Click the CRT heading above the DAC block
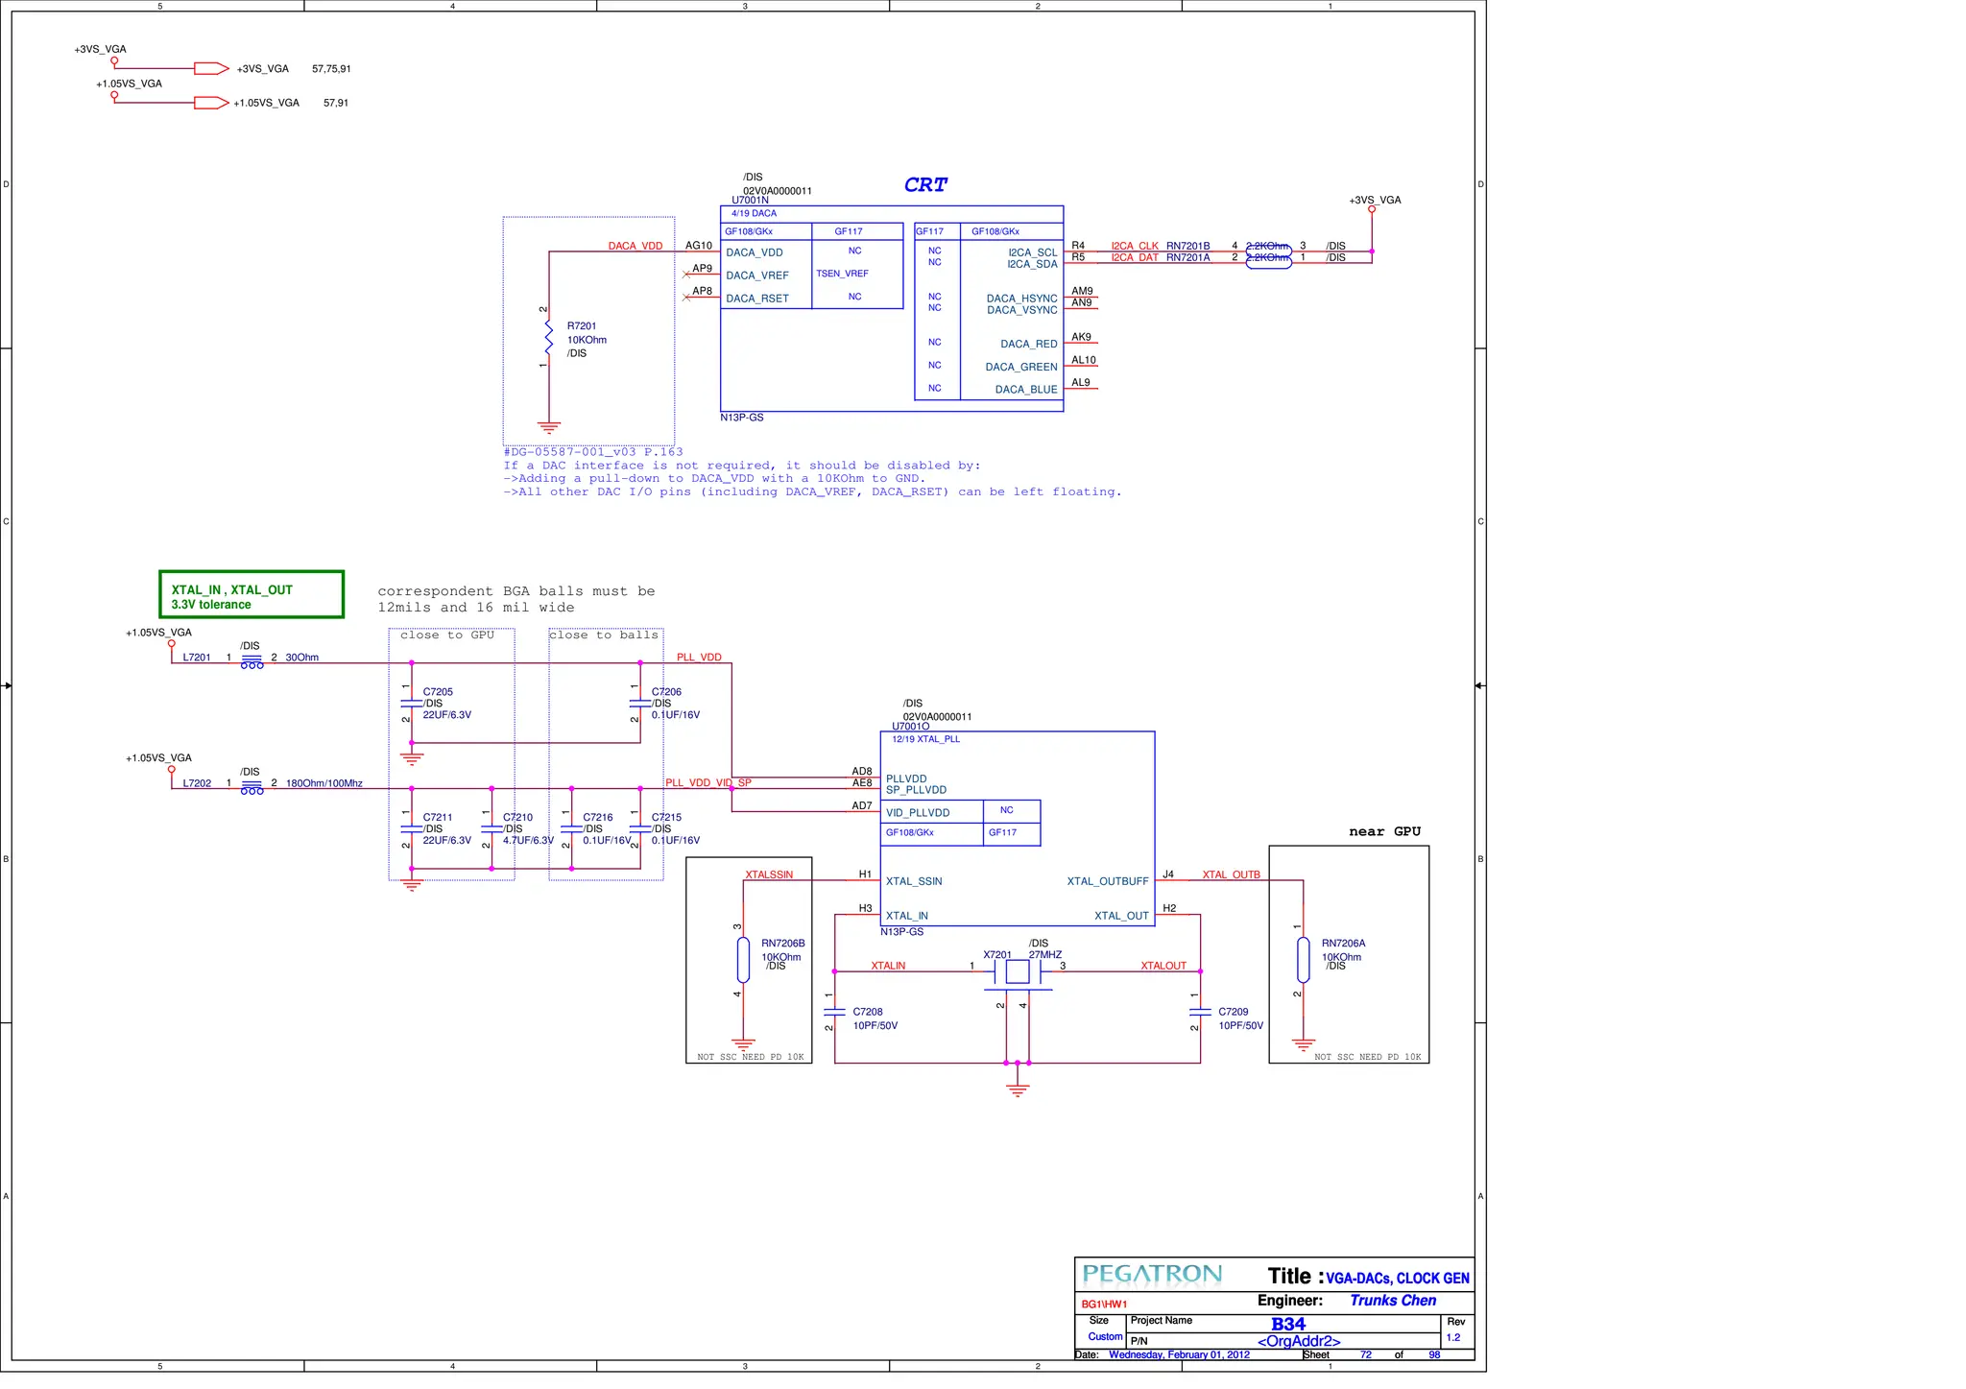pyautogui.click(x=925, y=184)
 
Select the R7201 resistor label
pyautogui.click(x=582, y=326)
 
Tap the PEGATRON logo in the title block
pyautogui.click(x=1152, y=1275)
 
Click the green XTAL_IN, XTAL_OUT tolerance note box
pyautogui.click(x=252, y=595)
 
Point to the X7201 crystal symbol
pyautogui.click(x=1018, y=972)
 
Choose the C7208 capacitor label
pyautogui.click(x=868, y=1012)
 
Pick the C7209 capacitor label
pyautogui.click(x=1234, y=1012)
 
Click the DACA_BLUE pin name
pyautogui.click(x=1026, y=390)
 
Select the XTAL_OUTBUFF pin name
pyautogui.click(x=1108, y=881)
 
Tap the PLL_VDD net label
pyautogui.click(x=699, y=658)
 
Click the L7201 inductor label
pyautogui.click(x=197, y=658)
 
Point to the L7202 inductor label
pyautogui.click(x=197, y=783)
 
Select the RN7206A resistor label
pyautogui.click(x=1343, y=944)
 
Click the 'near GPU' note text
pyautogui.click(x=1384, y=831)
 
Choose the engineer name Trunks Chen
pyautogui.click(x=1393, y=1301)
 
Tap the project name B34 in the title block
pyautogui.click(x=1288, y=1324)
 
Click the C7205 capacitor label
pyautogui.click(x=438, y=692)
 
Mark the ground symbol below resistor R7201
pyautogui.click(x=549, y=427)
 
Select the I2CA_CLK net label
pyautogui.click(x=1135, y=247)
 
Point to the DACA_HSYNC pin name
pyautogui.click(x=1021, y=299)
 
